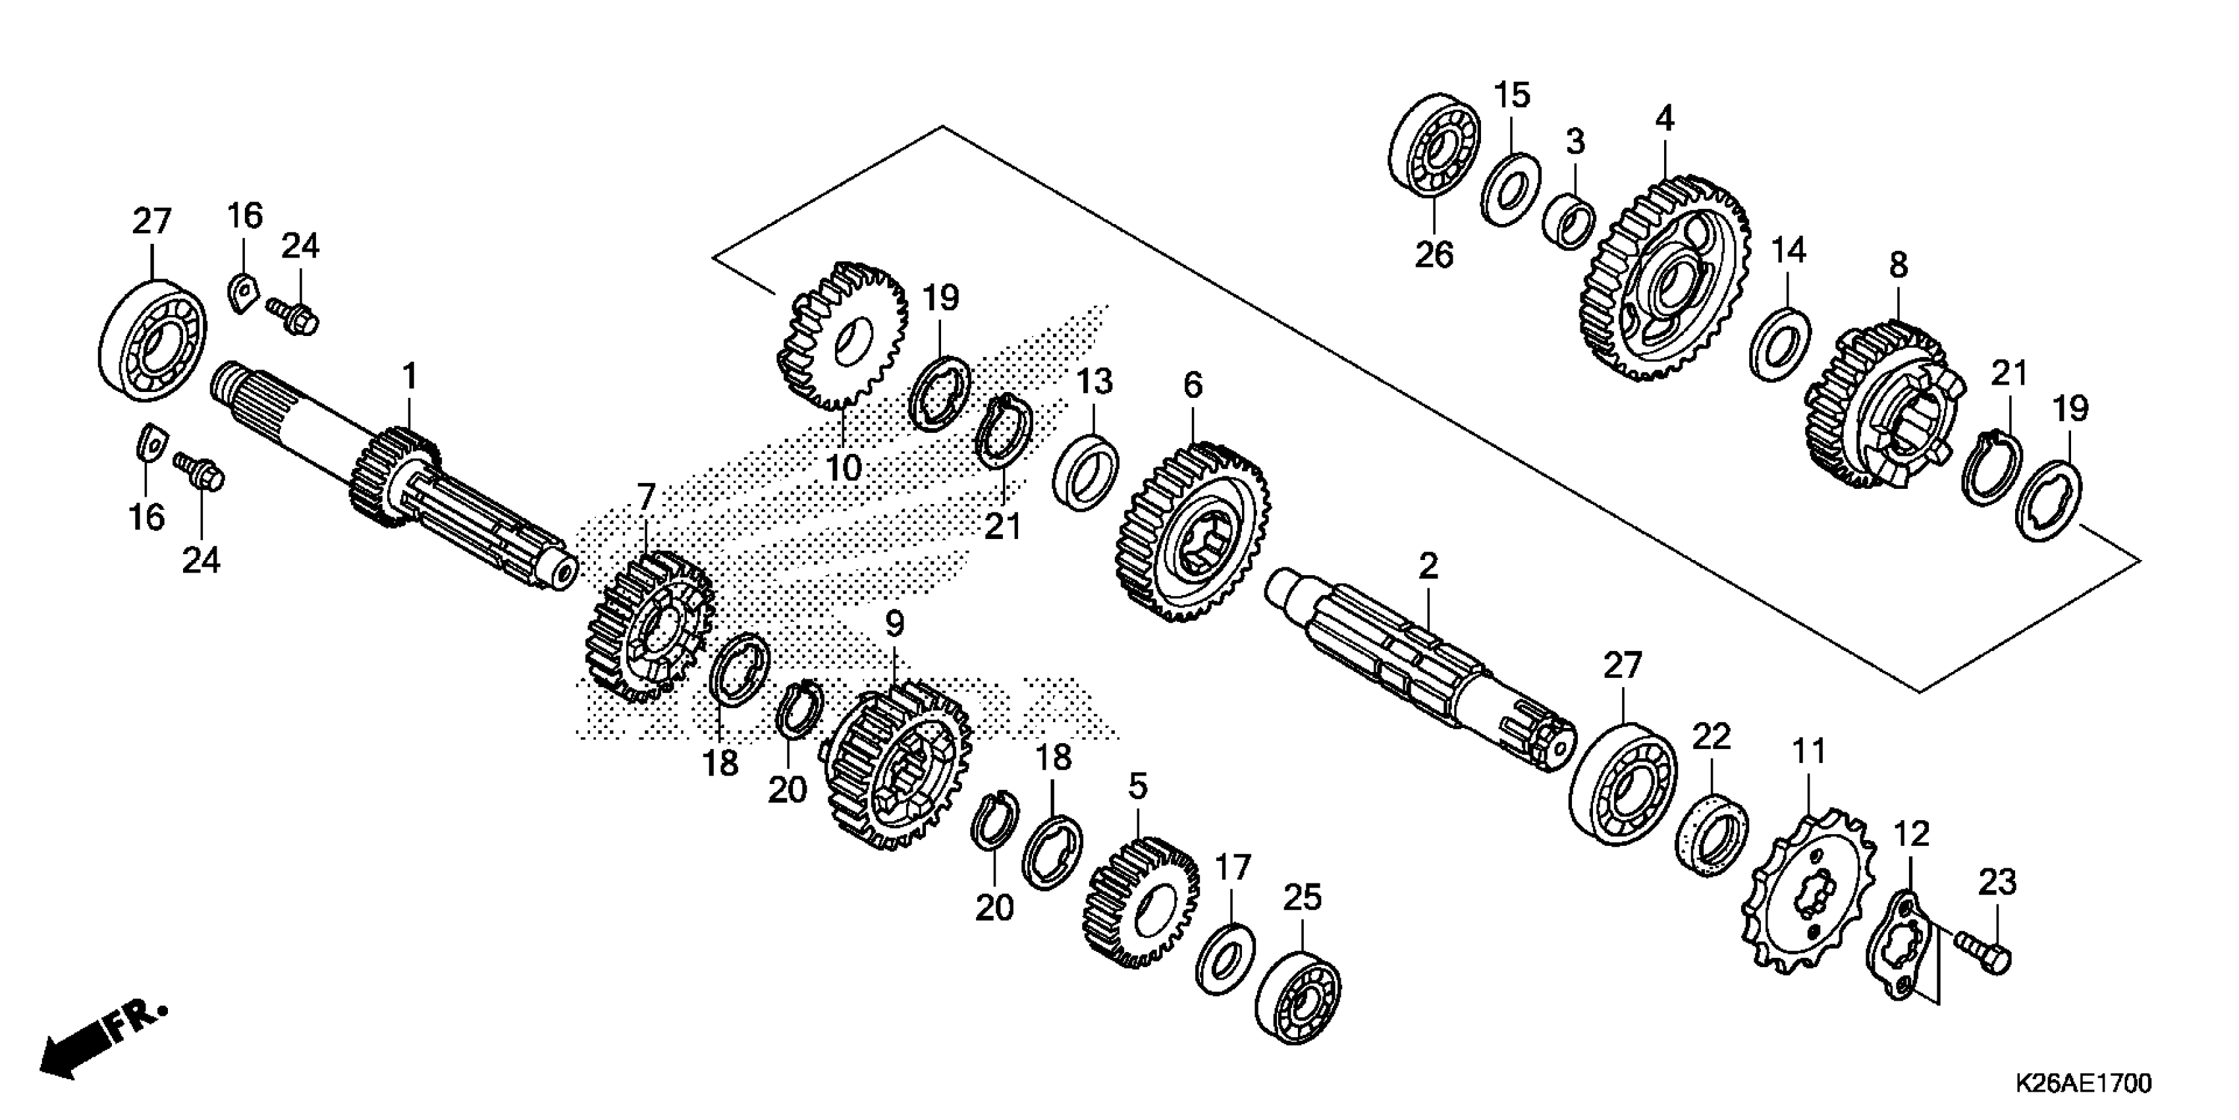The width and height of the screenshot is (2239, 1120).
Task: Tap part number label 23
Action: [1997, 883]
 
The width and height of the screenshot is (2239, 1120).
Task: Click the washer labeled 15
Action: [1510, 188]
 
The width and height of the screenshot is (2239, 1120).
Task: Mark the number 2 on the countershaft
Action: [1428, 567]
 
